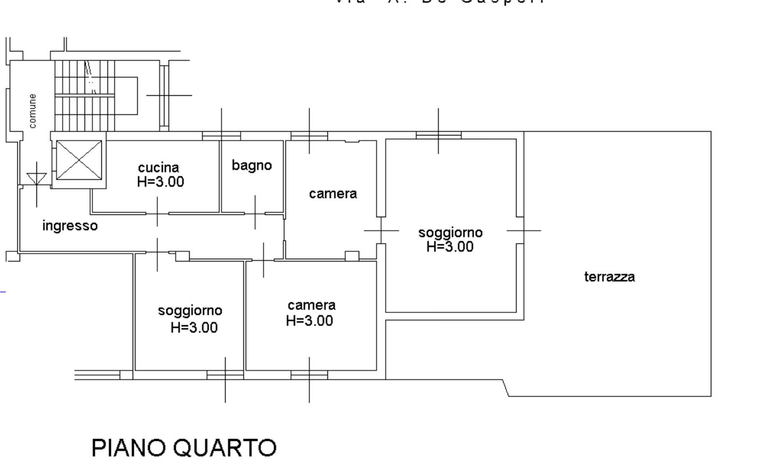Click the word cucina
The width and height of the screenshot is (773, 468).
point(158,168)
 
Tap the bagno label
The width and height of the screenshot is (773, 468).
point(252,165)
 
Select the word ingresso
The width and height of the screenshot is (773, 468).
point(70,226)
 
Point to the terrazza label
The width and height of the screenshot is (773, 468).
point(609,277)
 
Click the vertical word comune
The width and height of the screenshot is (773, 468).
point(32,111)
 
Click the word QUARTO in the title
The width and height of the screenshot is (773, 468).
point(225,448)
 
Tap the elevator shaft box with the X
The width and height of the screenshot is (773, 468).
point(79,160)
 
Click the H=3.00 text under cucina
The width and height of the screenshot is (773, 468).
point(160,182)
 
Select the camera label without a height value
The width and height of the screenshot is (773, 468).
point(333,194)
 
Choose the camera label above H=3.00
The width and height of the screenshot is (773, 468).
point(312,305)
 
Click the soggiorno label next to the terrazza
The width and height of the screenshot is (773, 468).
point(450,232)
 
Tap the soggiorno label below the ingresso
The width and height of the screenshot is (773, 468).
point(190,310)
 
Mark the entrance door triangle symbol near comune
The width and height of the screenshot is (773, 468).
point(37,179)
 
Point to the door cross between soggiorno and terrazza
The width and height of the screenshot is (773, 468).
point(524,230)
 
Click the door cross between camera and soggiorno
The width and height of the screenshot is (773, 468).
point(381,230)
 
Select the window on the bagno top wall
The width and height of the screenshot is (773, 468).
point(221,136)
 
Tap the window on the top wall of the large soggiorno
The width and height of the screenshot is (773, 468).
point(438,135)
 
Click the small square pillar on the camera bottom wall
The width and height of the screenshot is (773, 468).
point(352,256)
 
